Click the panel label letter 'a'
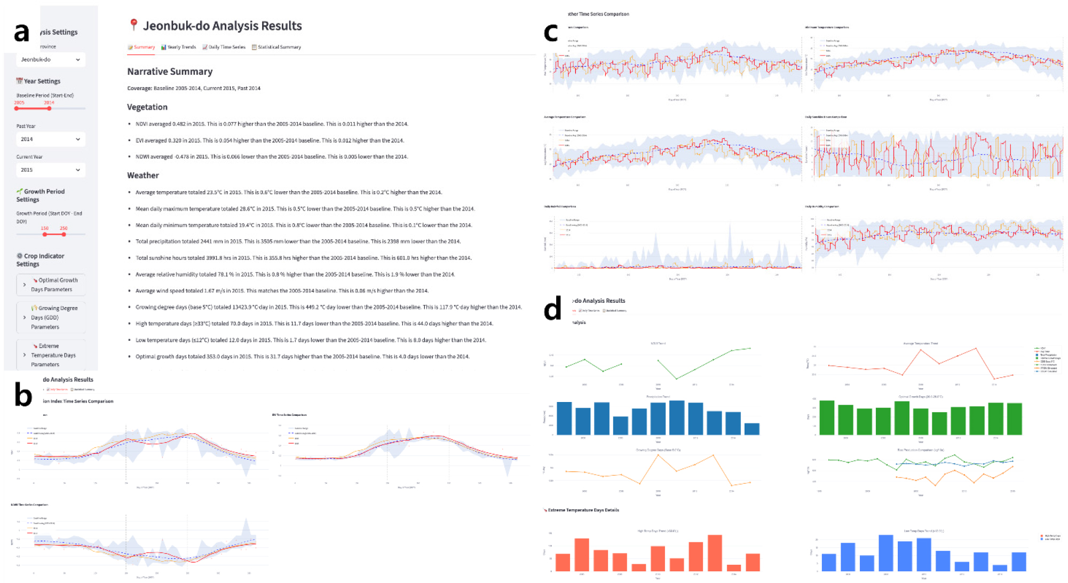click(21, 33)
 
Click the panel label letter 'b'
click(23, 396)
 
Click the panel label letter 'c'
click(551, 33)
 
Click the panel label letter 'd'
click(552, 309)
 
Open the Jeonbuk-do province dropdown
click(50, 60)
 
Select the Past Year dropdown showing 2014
click(50, 139)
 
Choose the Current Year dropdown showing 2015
click(50, 170)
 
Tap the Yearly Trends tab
click(179, 48)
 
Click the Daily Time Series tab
click(224, 48)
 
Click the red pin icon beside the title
click(134, 25)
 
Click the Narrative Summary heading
click(170, 72)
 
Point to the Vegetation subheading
click(147, 107)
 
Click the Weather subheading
click(143, 176)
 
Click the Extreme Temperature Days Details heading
click(583, 510)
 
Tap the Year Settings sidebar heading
click(42, 82)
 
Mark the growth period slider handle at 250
click(64, 234)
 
